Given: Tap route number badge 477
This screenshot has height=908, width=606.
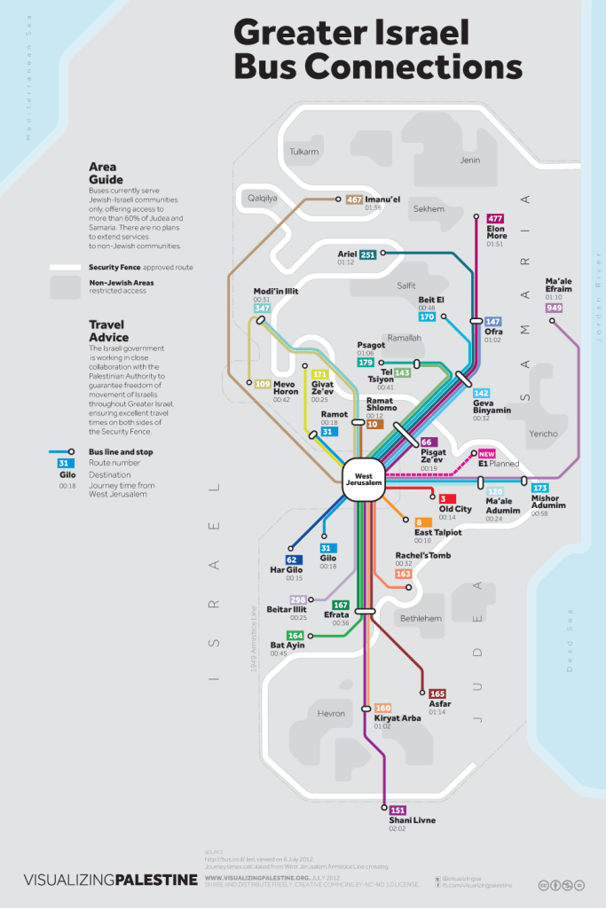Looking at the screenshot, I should (495, 218).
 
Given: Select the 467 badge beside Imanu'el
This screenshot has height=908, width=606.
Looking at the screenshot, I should (355, 200).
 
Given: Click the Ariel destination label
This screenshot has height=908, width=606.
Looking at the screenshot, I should (346, 254).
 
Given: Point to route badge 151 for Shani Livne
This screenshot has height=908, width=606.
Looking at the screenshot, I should (397, 810).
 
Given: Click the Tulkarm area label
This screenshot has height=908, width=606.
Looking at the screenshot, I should (303, 152).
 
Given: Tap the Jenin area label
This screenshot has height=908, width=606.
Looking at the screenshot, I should (469, 160).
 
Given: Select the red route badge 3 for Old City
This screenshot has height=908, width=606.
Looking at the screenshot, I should (442, 499).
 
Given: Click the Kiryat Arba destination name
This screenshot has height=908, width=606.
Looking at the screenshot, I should (397, 718).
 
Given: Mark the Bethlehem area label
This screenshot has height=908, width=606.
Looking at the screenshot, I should (421, 618).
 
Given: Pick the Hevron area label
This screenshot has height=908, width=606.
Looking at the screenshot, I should (330, 713).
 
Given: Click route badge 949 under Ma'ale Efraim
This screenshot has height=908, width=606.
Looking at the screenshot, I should (555, 308).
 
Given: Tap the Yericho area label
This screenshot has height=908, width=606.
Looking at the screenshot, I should (542, 434).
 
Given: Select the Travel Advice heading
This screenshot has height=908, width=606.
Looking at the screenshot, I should (108, 331).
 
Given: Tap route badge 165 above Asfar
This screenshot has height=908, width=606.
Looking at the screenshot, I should (437, 693).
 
